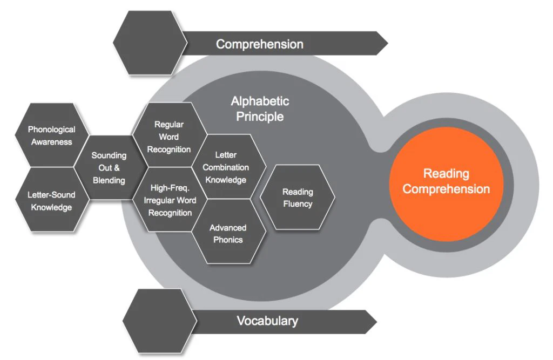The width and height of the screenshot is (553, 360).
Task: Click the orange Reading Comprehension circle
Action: pyautogui.click(x=446, y=181)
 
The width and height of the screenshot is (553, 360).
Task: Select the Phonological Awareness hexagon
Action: pyautogui.click(x=52, y=135)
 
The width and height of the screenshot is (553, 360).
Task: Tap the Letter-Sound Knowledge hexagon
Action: pyautogui.click(x=51, y=200)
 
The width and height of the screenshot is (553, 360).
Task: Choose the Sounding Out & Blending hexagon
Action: pyautogui.click(x=109, y=167)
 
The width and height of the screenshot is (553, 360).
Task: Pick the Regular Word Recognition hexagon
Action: pyautogui.click(x=168, y=137)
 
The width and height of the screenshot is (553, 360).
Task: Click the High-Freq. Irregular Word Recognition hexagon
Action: pyautogui.click(x=170, y=200)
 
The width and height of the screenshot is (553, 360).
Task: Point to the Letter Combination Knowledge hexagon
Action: pyautogui.click(x=226, y=167)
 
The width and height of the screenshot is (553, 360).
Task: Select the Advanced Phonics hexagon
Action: pyautogui.click(x=228, y=233)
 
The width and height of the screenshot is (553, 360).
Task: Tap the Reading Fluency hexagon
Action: pyautogui.click(x=298, y=198)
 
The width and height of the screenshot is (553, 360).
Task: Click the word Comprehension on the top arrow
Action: pyautogui.click(x=259, y=44)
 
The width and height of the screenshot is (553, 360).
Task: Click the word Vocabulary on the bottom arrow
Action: pyautogui.click(x=267, y=321)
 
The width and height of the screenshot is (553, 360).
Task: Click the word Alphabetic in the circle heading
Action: pyautogui.click(x=260, y=101)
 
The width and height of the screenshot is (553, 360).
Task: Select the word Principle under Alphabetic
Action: pyautogui.click(x=260, y=116)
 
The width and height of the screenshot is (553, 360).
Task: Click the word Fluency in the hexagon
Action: pyautogui.click(x=298, y=204)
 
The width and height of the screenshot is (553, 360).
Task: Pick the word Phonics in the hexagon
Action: pyautogui.click(x=228, y=240)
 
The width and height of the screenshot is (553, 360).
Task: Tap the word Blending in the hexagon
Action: pyautogui.click(x=109, y=180)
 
